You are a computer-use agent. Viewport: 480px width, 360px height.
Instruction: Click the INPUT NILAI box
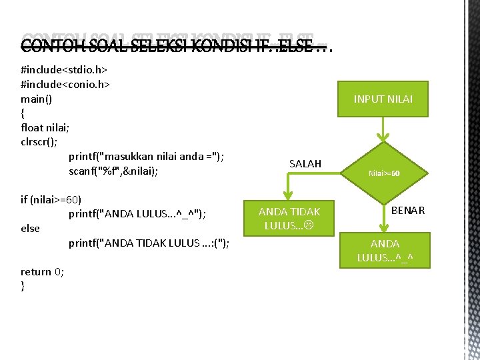[x=383, y=99]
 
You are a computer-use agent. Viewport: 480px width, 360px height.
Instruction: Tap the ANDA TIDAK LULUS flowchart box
[x=289, y=218]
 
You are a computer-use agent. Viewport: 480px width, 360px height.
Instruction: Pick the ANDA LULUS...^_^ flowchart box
[x=385, y=250]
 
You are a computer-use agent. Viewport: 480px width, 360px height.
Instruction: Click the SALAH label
[x=305, y=163]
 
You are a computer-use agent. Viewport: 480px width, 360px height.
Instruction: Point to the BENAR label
[x=408, y=210]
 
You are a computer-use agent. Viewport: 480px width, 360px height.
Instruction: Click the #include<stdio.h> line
[x=65, y=69]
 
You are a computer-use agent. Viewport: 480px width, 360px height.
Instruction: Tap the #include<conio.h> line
[x=65, y=84]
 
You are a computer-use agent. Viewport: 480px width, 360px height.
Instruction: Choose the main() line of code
[x=37, y=99]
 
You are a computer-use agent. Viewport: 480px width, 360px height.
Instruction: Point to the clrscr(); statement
[x=39, y=142]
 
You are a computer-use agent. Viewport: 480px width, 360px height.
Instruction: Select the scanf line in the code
[x=113, y=171]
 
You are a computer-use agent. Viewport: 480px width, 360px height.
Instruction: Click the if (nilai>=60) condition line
[x=51, y=199]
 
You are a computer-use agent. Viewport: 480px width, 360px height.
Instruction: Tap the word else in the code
[x=31, y=228]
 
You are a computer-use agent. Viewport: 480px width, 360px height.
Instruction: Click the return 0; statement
[x=43, y=271]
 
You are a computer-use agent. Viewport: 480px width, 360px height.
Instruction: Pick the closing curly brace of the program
[x=23, y=285]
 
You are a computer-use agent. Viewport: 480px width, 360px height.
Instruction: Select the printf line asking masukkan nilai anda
[x=146, y=157]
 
